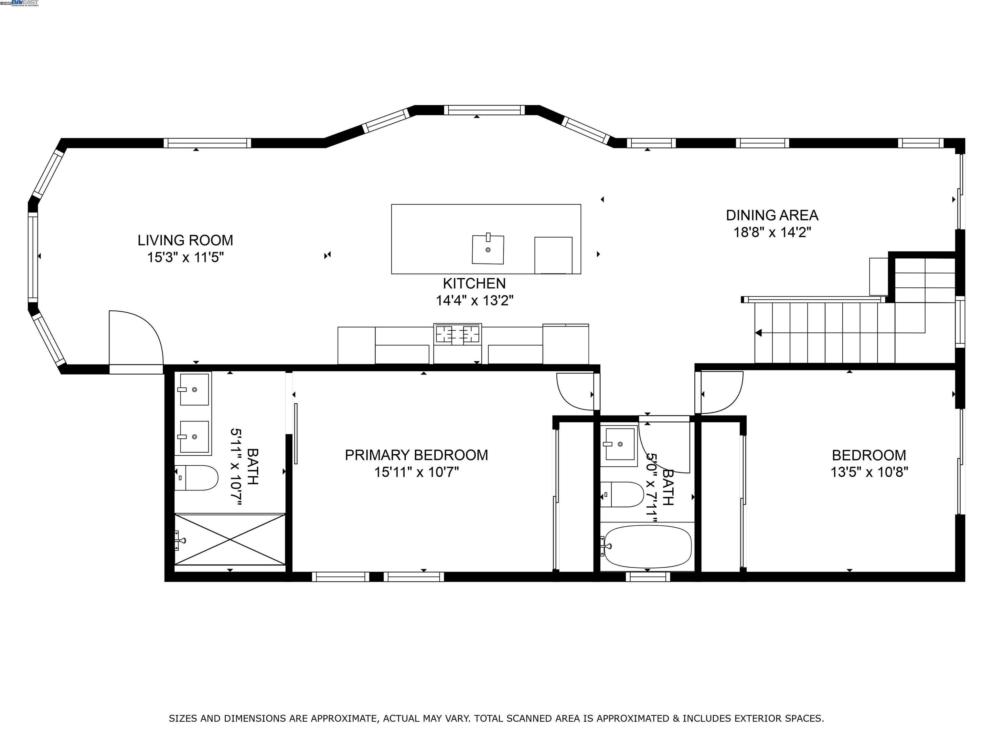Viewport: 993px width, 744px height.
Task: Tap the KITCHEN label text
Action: tap(474, 284)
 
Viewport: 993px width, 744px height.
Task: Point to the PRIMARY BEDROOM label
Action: tap(416, 455)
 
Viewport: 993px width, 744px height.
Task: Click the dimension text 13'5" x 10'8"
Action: tap(869, 472)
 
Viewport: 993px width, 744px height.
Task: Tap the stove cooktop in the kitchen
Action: tap(457, 335)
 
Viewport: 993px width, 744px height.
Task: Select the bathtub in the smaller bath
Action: tap(647, 547)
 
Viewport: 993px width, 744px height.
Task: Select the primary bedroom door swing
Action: tap(575, 391)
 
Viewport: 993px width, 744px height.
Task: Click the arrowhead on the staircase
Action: tap(758, 333)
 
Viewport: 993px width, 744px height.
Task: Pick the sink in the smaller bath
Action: tap(620, 444)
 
